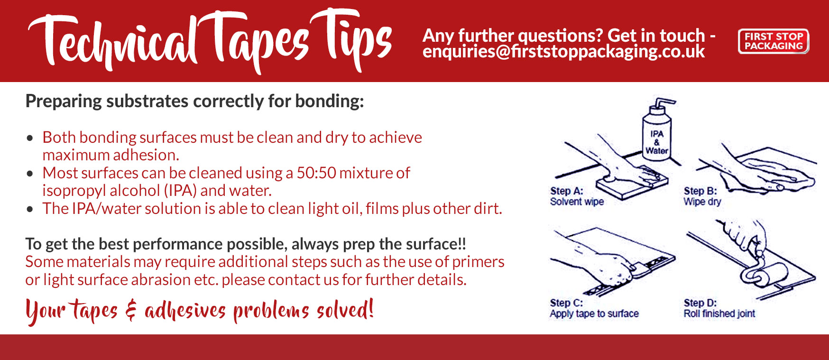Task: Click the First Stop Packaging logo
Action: (x=773, y=41)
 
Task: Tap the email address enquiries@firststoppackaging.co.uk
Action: (x=563, y=51)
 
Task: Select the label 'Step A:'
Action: (x=566, y=191)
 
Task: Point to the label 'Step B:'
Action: (x=700, y=191)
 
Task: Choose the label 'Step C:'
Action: (x=566, y=303)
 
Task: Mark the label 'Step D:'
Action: (x=700, y=303)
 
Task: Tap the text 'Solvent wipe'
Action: (x=577, y=202)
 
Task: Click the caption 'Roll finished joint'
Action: (x=719, y=314)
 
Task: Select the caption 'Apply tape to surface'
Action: (x=594, y=314)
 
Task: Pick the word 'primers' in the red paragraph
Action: (x=478, y=262)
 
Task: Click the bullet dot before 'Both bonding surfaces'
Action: (x=30, y=138)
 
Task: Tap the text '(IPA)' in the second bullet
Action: (x=180, y=191)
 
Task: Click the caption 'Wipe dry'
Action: (x=702, y=202)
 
